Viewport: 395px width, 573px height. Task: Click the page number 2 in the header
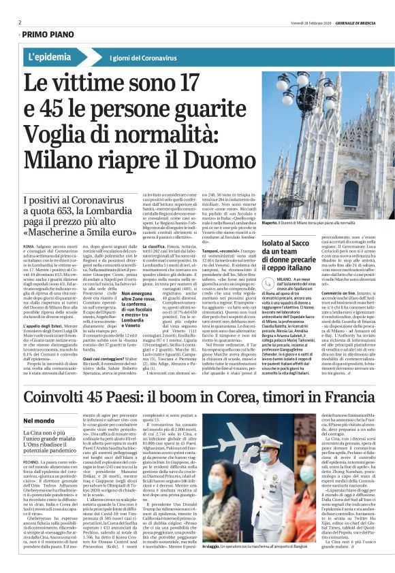click(x=20, y=22)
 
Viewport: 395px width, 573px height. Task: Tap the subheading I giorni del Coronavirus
click(x=144, y=58)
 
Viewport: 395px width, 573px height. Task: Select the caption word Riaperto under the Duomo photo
click(x=272, y=222)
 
